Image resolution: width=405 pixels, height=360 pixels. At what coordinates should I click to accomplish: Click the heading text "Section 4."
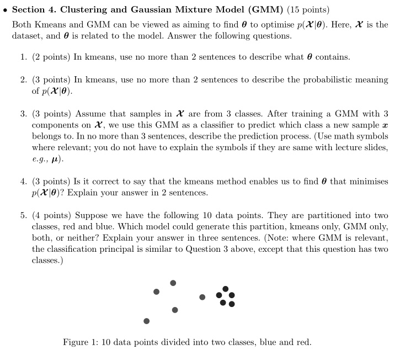34,10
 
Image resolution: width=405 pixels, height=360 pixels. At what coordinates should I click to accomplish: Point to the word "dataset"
28,35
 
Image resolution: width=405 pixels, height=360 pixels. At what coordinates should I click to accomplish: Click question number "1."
24,57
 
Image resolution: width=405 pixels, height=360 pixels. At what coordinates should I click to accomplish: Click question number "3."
24,114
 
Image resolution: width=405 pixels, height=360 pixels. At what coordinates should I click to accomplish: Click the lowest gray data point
146,321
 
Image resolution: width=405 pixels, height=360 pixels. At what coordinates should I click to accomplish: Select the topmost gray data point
173,283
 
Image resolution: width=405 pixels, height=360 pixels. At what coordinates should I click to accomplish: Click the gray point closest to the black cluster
202,297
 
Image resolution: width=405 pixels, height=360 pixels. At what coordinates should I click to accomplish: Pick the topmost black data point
225,288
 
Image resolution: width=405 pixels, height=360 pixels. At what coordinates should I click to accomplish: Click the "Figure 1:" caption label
81,342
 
